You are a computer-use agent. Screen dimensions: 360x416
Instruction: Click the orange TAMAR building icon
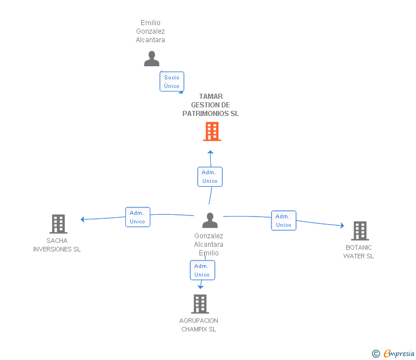(x=211, y=132)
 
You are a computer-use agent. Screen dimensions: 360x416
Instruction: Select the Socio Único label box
(x=171, y=82)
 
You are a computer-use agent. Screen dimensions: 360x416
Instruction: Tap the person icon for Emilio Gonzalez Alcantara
(x=151, y=59)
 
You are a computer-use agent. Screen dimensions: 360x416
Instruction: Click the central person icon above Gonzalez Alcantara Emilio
(x=210, y=221)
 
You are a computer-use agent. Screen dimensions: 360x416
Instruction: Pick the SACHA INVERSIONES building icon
(x=58, y=224)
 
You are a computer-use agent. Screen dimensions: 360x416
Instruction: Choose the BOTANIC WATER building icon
(x=359, y=231)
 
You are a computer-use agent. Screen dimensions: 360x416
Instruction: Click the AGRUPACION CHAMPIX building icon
(x=199, y=304)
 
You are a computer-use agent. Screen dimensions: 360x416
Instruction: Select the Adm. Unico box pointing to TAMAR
(x=209, y=177)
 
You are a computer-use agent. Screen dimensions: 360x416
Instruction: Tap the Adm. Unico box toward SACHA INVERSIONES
(x=137, y=217)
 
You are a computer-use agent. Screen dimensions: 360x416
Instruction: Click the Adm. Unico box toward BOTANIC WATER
(x=283, y=221)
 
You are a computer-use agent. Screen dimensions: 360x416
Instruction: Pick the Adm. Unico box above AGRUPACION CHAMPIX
(x=202, y=270)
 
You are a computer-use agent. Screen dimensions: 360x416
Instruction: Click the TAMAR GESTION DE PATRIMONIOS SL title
(x=211, y=105)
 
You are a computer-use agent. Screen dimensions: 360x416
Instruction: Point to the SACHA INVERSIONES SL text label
(x=57, y=245)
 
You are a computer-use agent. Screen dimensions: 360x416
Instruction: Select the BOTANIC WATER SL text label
(x=359, y=252)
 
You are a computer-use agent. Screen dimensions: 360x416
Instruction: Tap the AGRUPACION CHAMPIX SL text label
(x=199, y=325)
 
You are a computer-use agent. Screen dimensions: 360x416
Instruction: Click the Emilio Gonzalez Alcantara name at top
(x=150, y=31)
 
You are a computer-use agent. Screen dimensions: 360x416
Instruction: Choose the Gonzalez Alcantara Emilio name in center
(x=209, y=245)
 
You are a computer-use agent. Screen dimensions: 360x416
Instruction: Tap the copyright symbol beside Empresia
(x=375, y=354)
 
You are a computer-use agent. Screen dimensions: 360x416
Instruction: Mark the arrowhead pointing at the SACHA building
(x=83, y=219)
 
